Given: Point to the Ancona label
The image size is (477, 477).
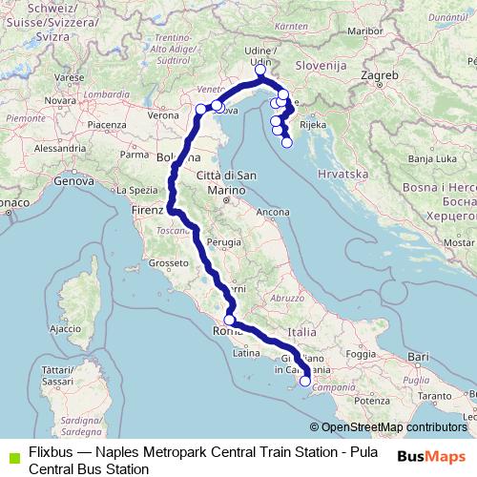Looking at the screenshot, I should [273, 211].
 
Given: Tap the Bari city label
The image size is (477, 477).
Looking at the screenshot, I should [417, 356].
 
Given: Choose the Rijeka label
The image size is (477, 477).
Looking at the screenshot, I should [314, 124].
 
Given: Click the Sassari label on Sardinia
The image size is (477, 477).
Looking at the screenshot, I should [57, 382].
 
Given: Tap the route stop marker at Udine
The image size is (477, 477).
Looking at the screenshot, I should [260, 71].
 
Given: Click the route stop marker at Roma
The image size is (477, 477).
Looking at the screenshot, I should [229, 321].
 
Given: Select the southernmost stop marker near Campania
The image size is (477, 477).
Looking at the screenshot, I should [305, 382].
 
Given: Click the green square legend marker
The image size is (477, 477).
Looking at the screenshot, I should [11, 454].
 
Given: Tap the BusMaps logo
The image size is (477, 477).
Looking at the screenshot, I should [430, 457].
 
